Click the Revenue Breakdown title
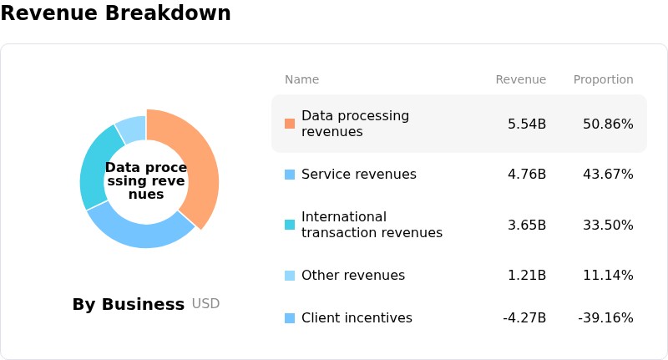[115, 13]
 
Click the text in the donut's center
[146, 180]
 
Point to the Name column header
[301, 79]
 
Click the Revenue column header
[520, 79]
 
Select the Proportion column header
[603, 79]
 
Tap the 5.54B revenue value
[527, 124]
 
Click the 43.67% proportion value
[608, 175]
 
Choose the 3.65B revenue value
[527, 225]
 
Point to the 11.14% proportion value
[608, 275]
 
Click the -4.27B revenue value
[524, 318]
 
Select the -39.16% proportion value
[605, 318]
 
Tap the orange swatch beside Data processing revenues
[290, 124]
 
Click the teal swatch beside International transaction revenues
[290, 225]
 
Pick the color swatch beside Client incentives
[290, 318]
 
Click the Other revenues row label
[353, 275]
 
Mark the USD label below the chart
[205, 304]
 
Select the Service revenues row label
[359, 175]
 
